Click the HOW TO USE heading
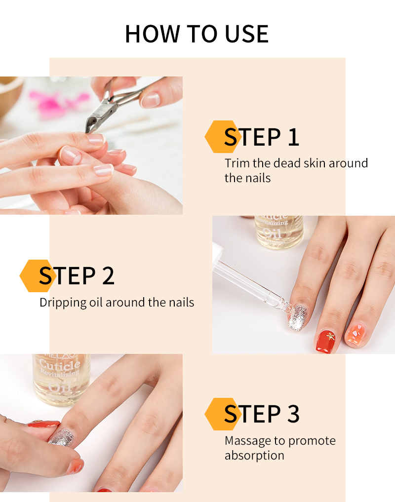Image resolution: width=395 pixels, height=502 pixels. coord(197,34)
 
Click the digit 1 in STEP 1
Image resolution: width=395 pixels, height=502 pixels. coord(293,137)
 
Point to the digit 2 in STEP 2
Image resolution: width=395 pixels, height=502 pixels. coord(108,276)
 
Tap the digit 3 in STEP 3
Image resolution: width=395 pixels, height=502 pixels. coord(293,414)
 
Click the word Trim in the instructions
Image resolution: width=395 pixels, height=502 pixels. coord(237,163)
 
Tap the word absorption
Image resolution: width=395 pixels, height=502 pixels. coord(254,456)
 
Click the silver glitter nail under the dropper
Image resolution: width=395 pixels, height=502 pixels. coord(298,317)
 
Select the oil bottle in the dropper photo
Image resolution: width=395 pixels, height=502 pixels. coord(279,232)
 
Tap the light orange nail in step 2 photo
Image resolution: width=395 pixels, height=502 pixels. coord(355,335)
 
